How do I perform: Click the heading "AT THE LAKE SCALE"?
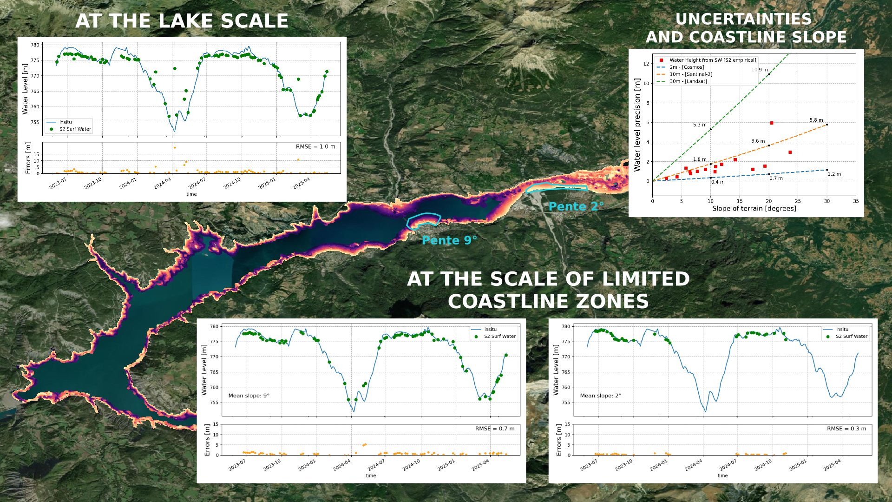coord(182,21)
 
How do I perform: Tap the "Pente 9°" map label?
coord(449,240)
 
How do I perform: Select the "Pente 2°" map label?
coord(576,206)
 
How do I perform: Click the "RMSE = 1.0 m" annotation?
coord(315,146)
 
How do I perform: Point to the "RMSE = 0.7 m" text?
coord(495,429)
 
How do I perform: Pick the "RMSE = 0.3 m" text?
coord(846,429)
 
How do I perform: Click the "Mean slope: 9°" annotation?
coord(249,396)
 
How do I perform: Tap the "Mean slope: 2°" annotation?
coord(600,396)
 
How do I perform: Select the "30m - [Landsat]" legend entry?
coord(688,81)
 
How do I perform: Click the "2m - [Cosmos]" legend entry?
coord(687,67)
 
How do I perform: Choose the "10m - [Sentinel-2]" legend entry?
coord(691,74)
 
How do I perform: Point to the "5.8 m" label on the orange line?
coord(816,120)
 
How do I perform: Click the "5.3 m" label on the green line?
coord(700,125)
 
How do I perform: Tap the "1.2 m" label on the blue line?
coord(834,174)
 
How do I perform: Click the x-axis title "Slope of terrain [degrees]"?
coord(754,208)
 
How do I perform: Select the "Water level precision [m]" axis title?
coord(637,125)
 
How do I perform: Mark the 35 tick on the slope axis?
coord(856,201)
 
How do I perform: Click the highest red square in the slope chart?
coord(772,123)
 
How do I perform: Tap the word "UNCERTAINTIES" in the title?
coord(743,20)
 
